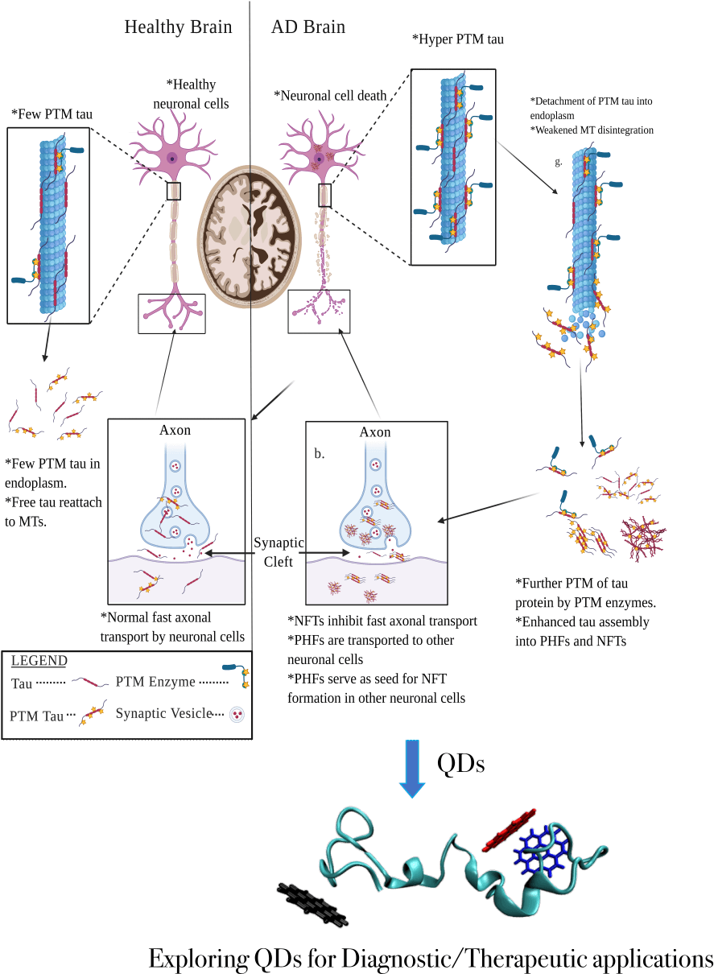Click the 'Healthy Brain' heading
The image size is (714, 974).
pos(178,27)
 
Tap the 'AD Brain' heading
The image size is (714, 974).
pos(308,27)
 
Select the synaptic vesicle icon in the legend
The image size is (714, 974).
pos(237,713)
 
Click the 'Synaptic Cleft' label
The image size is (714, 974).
pos(278,552)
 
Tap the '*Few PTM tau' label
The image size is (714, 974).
pos(52,114)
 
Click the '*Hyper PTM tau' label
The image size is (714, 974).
pos(457,39)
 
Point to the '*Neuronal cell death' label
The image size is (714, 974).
pos(330,96)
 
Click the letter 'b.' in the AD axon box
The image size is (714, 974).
pos(320,453)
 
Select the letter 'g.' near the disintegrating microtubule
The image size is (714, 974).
pos(559,162)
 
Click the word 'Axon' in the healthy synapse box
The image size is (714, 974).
pos(175,430)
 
